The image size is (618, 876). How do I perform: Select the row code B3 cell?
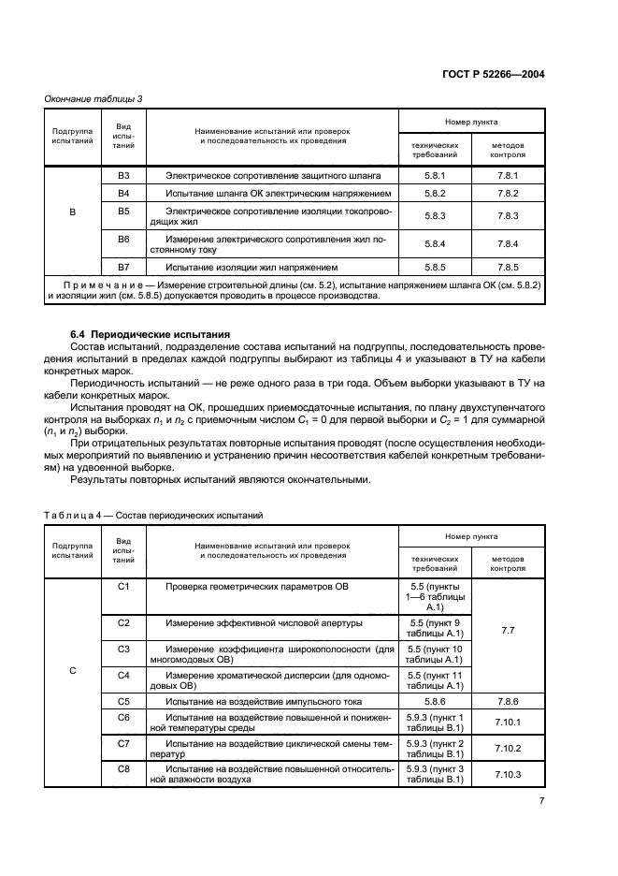[x=123, y=175]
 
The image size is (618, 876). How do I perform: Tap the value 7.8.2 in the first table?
[x=508, y=193]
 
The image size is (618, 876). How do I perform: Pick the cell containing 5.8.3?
[x=436, y=215]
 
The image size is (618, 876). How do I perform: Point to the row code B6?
[x=123, y=240]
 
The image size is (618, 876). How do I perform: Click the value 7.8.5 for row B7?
[x=508, y=266]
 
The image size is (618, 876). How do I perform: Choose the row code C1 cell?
[x=123, y=586]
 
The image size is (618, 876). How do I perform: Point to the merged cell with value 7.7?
[x=508, y=631]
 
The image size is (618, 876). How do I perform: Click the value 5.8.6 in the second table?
[x=436, y=700]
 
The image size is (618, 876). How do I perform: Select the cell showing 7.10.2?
[x=508, y=748]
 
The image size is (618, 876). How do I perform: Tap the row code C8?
[x=123, y=768]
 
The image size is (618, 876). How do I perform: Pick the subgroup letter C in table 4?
[x=73, y=669]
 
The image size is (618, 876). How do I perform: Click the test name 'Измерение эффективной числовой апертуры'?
[x=265, y=621]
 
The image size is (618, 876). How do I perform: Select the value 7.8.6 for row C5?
[x=508, y=700]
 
